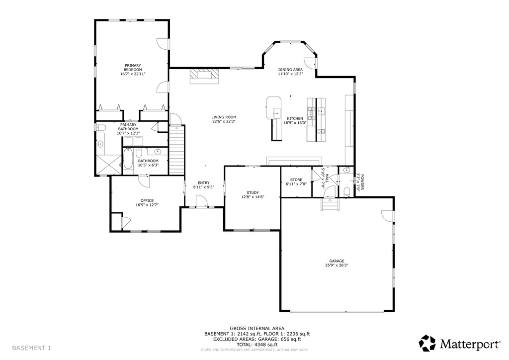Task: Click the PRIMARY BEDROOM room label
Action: [x=133, y=68]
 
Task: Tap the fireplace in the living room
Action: [x=204, y=76]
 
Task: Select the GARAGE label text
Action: [x=337, y=261]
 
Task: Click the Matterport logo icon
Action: [x=427, y=343]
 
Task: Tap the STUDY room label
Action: [x=253, y=193]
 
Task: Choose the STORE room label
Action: [x=296, y=180]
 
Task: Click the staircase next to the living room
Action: [x=176, y=150]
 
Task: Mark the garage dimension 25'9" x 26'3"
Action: [x=337, y=265]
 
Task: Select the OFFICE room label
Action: [x=147, y=200]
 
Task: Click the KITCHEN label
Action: [x=295, y=118]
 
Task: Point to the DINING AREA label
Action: [x=290, y=70]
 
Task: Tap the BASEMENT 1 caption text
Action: [x=31, y=348]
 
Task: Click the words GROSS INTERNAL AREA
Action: [x=257, y=329]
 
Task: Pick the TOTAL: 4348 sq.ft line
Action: [x=257, y=345]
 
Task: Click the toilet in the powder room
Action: [x=346, y=191]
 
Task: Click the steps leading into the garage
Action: [x=331, y=204]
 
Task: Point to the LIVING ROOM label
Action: [x=224, y=117]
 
